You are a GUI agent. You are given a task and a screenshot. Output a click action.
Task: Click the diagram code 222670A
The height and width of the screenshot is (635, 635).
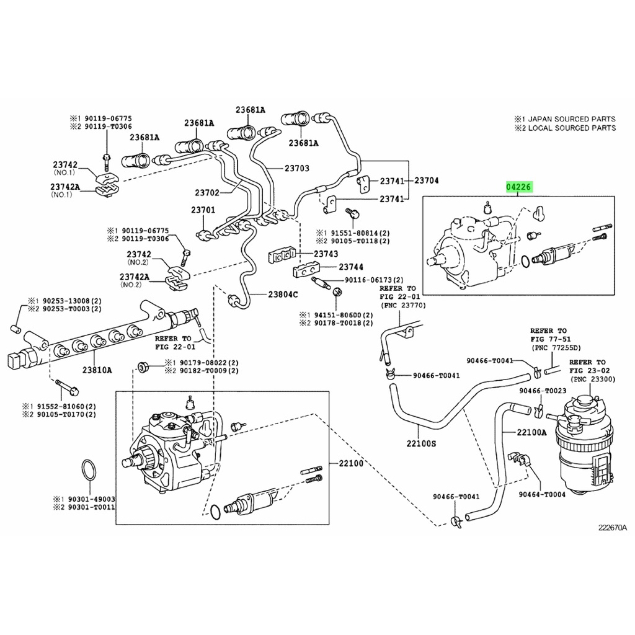(x=613, y=528)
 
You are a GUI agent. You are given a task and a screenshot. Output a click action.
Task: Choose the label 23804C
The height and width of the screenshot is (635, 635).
(x=283, y=294)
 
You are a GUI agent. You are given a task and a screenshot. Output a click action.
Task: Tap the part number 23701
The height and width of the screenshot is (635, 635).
(x=203, y=210)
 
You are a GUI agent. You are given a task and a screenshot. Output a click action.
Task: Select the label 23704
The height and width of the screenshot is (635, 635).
(x=427, y=181)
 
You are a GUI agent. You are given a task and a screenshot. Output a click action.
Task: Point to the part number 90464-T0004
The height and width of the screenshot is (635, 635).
(x=542, y=494)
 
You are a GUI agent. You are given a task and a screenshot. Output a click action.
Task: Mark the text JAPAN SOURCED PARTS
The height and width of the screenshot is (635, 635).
(x=570, y=119)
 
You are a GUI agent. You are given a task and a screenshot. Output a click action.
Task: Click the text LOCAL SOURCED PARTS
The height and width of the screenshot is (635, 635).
(x=570, y=128)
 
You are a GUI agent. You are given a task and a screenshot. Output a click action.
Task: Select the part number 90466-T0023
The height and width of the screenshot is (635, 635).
(x=543, y=391)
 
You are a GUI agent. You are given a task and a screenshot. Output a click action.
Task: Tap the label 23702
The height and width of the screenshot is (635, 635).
(x=207, y=193)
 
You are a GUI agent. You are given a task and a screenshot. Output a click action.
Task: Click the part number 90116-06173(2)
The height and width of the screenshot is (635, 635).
(x=375, y=280)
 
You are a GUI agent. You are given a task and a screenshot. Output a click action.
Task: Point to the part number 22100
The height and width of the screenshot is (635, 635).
(x=350, y=463)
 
